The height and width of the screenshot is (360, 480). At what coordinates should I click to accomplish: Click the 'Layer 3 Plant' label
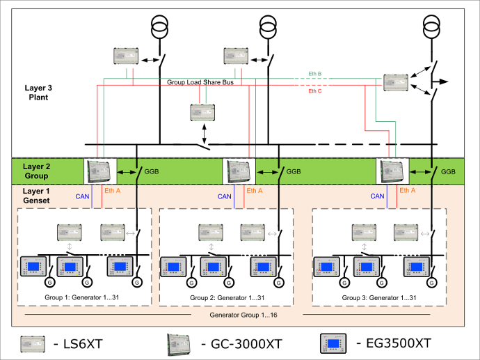pos(34,93)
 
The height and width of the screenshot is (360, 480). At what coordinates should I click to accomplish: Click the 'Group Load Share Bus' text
pos(199,82)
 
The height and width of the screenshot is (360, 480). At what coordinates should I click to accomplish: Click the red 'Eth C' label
pos(315,91)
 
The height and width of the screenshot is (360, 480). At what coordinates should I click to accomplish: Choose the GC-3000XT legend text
pos(240,343)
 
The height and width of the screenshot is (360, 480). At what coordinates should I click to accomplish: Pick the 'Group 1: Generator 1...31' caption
pos(83,297)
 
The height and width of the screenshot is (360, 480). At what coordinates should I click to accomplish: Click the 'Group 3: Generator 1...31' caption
pos(379,297)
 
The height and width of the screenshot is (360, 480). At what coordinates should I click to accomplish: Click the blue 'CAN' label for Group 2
pos(224,196)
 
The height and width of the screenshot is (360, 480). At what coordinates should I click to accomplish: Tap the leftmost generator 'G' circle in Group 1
pos(49,283)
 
